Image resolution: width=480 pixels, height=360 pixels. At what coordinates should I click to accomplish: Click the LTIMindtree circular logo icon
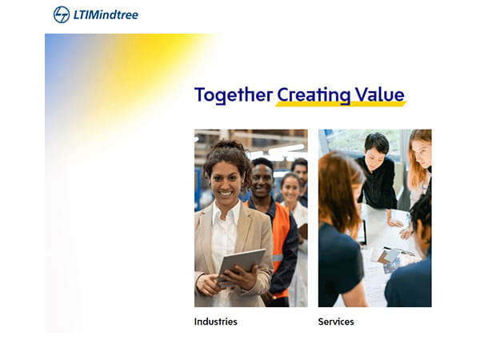[62, 14]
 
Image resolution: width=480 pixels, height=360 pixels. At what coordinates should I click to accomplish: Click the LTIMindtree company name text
[106, 14]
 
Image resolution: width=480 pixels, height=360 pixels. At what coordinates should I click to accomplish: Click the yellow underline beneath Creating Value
[341, 104]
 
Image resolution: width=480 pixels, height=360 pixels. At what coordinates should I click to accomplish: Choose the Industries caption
[216, 322]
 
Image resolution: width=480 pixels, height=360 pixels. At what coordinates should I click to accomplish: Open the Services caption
[336, 322]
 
